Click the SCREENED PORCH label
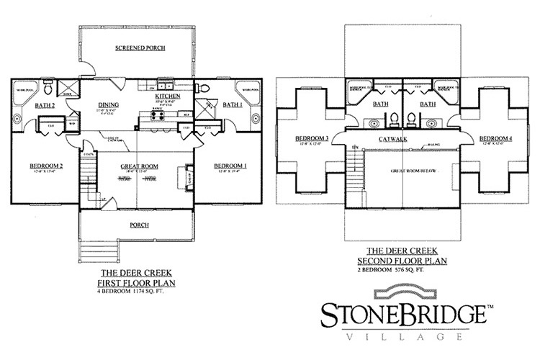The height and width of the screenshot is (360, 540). click(x=140, y=48)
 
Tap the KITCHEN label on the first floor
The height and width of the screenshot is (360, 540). click(x=166, y=96)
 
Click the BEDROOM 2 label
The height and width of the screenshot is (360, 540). click(x=47, y=166)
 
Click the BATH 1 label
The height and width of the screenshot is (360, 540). click(x=233, y=105)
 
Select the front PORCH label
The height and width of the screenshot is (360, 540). click(x=140, y=225)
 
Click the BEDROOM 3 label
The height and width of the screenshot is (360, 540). click(x=312, y=138)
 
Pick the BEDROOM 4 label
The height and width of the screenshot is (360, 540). click(x=495, y=138)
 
